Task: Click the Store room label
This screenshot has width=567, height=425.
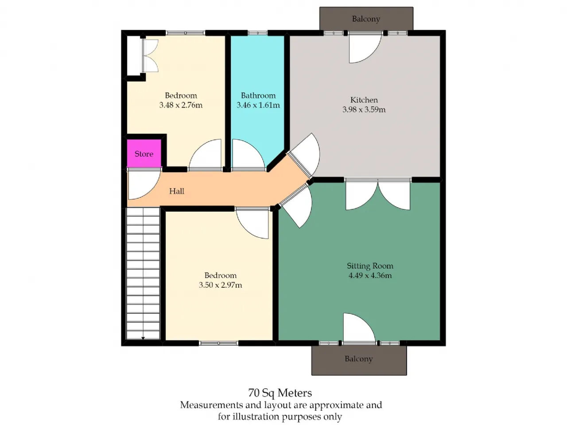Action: [x=144, y=154]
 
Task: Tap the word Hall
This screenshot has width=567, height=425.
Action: [x=177, y=191]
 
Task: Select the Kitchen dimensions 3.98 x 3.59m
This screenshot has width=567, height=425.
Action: [x=364, y=109]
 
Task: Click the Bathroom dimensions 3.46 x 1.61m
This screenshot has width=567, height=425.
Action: [x=258, y=105]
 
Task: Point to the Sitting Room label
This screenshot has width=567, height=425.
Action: [x=370, y=266]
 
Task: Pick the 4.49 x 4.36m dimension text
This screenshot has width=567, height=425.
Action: [x=370, y=275]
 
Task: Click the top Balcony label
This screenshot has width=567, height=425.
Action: [x=366, y=19]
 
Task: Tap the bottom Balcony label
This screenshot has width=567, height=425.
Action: [x=359, y=359]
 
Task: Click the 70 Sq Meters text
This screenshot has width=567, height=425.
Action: [x=280, y=393]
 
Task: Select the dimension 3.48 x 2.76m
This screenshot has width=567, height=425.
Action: [x=181, y=105]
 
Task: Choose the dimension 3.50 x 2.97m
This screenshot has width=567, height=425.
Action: [x=220, y=285]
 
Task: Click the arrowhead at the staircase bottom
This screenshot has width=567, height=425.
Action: [x=143, y=338]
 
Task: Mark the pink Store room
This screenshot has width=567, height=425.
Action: [x=144, y=153]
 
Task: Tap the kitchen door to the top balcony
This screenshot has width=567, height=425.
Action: [x=365, y=48]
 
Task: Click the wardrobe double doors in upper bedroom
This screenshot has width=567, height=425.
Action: [x=150, y=55]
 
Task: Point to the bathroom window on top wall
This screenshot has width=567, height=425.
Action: [x=257, y=33]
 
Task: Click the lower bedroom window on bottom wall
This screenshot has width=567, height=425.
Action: [x=218, y=343]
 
